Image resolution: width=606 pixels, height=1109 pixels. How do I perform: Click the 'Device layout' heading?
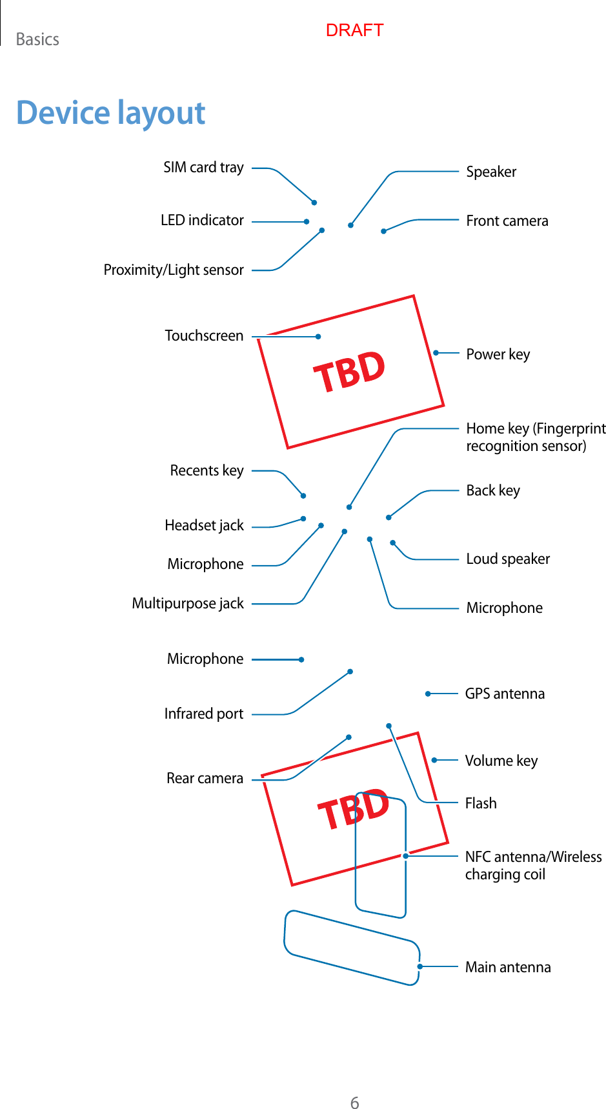point(110,113)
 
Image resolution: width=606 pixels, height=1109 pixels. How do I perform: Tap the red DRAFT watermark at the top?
point(354,30)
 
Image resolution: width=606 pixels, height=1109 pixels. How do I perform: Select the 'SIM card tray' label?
point(203,168)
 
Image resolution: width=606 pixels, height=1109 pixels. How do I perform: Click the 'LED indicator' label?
point(202,221)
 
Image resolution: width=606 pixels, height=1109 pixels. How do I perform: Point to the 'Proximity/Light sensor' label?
point(174,270)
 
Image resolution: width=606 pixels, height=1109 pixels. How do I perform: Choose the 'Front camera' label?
point(507,221)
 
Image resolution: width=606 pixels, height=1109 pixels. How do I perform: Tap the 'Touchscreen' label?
point(204,336)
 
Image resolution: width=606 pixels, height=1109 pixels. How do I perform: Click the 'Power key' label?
point(498,354)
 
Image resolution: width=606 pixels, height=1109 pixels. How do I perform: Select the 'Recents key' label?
point(207,471)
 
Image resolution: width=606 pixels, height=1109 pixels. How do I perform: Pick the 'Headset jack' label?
point(204,526)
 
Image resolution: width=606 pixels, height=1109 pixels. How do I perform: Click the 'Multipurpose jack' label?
point(188,604)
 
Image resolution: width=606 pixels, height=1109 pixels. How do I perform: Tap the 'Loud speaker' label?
point(508,559)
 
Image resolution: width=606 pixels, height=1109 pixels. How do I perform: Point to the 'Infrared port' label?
point(203,714)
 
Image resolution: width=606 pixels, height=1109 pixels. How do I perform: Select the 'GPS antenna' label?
point(505,694)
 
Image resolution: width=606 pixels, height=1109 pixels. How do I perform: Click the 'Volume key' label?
point(501,761)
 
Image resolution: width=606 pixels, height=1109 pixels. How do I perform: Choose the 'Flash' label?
point(481,804)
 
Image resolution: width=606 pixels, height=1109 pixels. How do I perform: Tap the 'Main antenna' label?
point(508,968)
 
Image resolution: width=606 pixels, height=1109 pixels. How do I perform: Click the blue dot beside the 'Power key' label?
point(436,353)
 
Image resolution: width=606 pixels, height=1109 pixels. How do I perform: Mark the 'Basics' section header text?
point(37,40)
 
